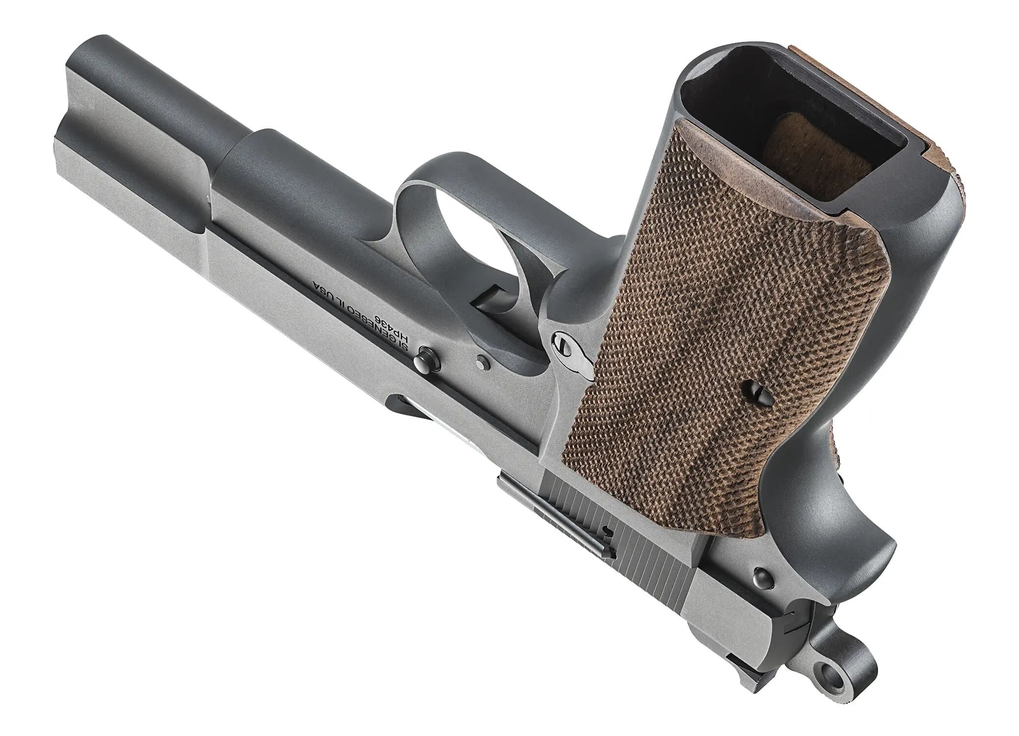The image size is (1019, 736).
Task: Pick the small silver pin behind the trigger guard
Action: [483, 363]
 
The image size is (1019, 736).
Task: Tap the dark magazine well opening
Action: [766, 118]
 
